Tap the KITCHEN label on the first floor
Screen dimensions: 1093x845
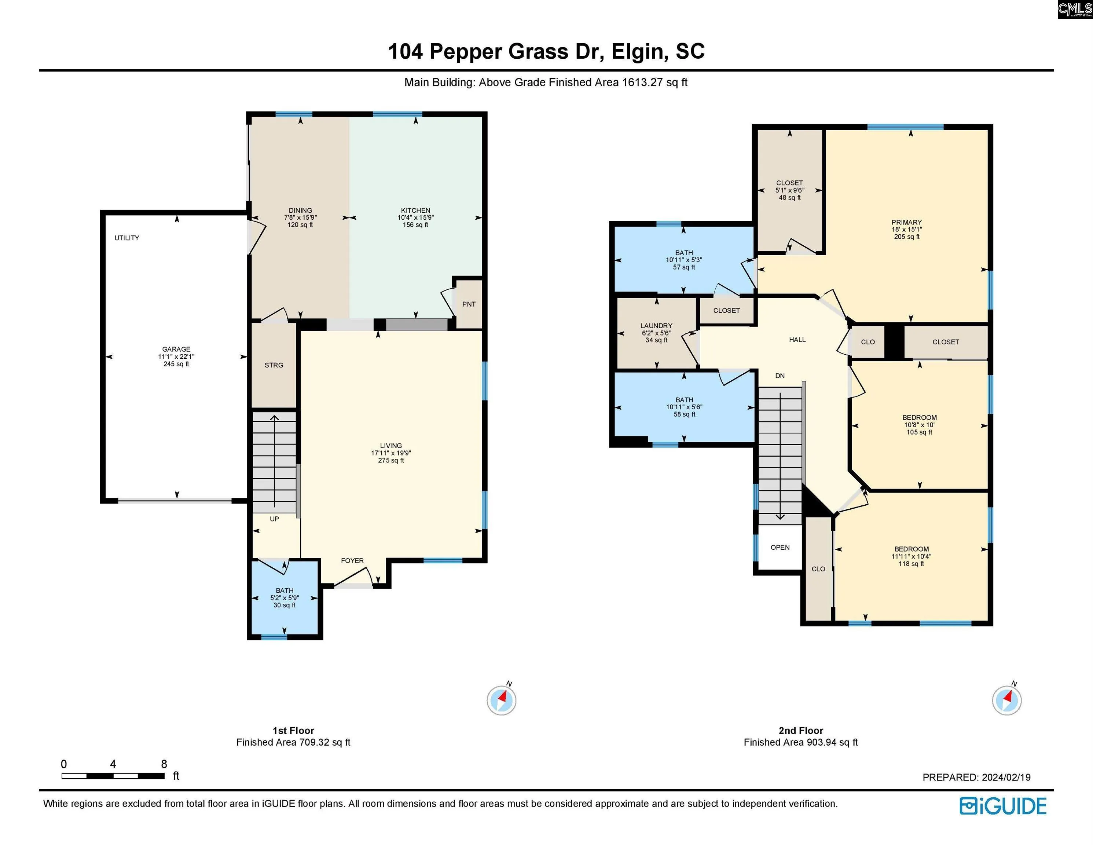click(415, 210)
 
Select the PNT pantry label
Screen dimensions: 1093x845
click(469, 304)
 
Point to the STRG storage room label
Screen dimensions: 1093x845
click(274, 365)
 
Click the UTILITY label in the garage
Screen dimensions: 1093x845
click(126, 238)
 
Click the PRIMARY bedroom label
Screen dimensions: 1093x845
click(906, 222)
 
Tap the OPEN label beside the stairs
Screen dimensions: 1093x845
click(780, 548)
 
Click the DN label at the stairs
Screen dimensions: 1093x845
click(780, 376)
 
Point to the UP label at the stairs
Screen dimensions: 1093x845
click(274, 519)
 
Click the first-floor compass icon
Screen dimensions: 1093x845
click(502, 699)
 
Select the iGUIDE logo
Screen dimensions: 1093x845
click(1003, 806)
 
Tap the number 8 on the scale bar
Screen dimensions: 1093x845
click(164, 764)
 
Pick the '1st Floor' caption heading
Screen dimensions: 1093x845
click(293, 730)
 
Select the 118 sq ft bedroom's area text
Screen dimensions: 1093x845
click(912, 564)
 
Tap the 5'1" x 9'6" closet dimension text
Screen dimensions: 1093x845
click(790, 190)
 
